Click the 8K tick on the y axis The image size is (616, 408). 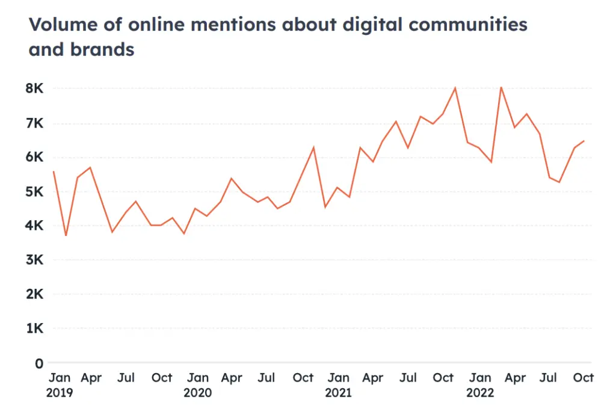(35, 89)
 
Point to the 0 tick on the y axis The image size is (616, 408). (38, 363)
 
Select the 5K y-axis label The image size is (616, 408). (35, 192)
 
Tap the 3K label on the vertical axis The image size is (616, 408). (35, 261)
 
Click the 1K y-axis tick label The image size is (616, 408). (35, 329)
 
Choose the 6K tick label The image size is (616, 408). (35, 158)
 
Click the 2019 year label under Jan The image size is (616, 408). (60, 393)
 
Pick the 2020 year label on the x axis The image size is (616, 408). (197, 393)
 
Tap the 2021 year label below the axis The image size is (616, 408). (339, 393)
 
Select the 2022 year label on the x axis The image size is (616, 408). (479, 393)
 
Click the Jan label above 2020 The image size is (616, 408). (197, 378)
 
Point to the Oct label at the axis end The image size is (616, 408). (583, 378)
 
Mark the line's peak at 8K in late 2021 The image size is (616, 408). (455, 88)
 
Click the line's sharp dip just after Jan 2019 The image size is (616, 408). (66, 235)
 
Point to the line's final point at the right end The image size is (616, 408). (584, 141)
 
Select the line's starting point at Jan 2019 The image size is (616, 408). (54, 172)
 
